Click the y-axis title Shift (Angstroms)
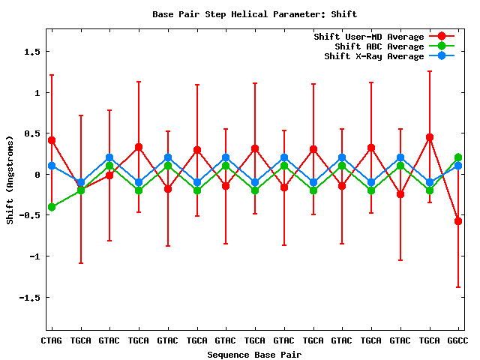coord(10,179)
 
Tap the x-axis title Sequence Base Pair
coord(254,354)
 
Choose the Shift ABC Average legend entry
coord(379,46)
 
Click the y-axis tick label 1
coord(36,93)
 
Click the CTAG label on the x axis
coord(51,340)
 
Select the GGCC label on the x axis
coord(457,340)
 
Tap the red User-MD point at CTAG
coord(52,140)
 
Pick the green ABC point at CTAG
coord(52,207)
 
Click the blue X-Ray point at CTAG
coord(52,166)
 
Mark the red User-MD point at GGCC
coord(458,221)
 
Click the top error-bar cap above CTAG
coord(52,75)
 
